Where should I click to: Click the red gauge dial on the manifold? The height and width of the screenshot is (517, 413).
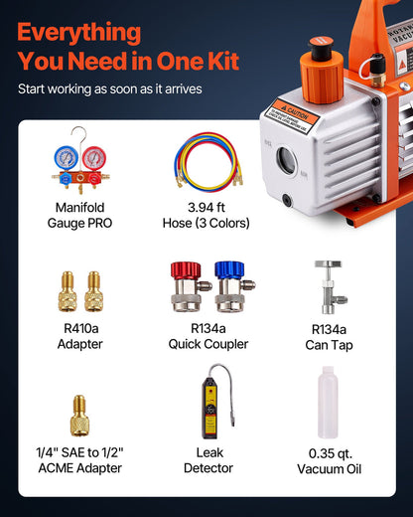pyautogui.click(x=94, y=157)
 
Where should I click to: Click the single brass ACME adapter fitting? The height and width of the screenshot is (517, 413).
pyautogui.click(x=81, y=416)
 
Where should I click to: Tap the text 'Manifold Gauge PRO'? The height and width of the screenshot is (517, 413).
pyautogui.click(x=81, y=216)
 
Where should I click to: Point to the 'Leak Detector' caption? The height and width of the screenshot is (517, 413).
pyautogui.click(x=207, y=459)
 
